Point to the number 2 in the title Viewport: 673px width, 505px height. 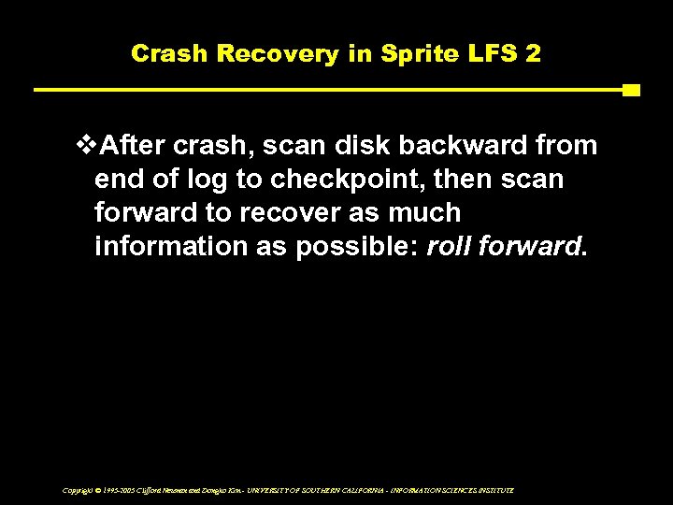532,53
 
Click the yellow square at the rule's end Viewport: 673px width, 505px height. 631,91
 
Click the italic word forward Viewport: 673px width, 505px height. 528,247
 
